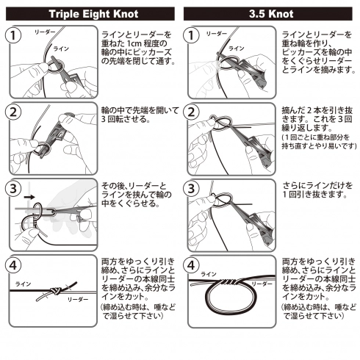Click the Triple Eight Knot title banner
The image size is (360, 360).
click(x=90, y=12)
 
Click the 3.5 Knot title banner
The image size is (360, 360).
click(x=270, y=12)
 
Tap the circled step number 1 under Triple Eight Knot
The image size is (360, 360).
click(x=14, y=36)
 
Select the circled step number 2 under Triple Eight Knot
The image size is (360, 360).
click(x=14, y=113)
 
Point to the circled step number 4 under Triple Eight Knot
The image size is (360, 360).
click(x=14, y=264)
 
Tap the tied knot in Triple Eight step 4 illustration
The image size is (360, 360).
click(x=54, y=291)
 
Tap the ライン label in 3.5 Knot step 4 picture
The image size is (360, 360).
click(x=209, y=274)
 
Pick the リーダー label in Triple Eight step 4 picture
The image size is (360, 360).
click(x=77, y=300)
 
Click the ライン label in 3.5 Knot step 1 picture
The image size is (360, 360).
click(x=237, y=48)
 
